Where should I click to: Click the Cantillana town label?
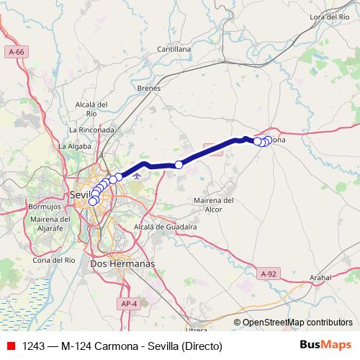[174, 49]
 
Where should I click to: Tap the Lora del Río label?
[329, 17]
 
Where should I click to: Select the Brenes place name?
[148, 88]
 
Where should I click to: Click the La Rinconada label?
[91, 130]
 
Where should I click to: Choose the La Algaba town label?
[73, 145]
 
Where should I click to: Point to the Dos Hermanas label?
[122, 264]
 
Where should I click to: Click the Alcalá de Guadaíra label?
[166, 226]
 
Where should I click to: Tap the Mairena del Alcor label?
[215, 204]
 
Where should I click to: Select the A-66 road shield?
[15, 53]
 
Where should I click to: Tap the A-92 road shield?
[268, 274]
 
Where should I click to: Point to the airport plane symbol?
[137, 174]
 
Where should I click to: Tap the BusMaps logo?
[326, 346]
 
